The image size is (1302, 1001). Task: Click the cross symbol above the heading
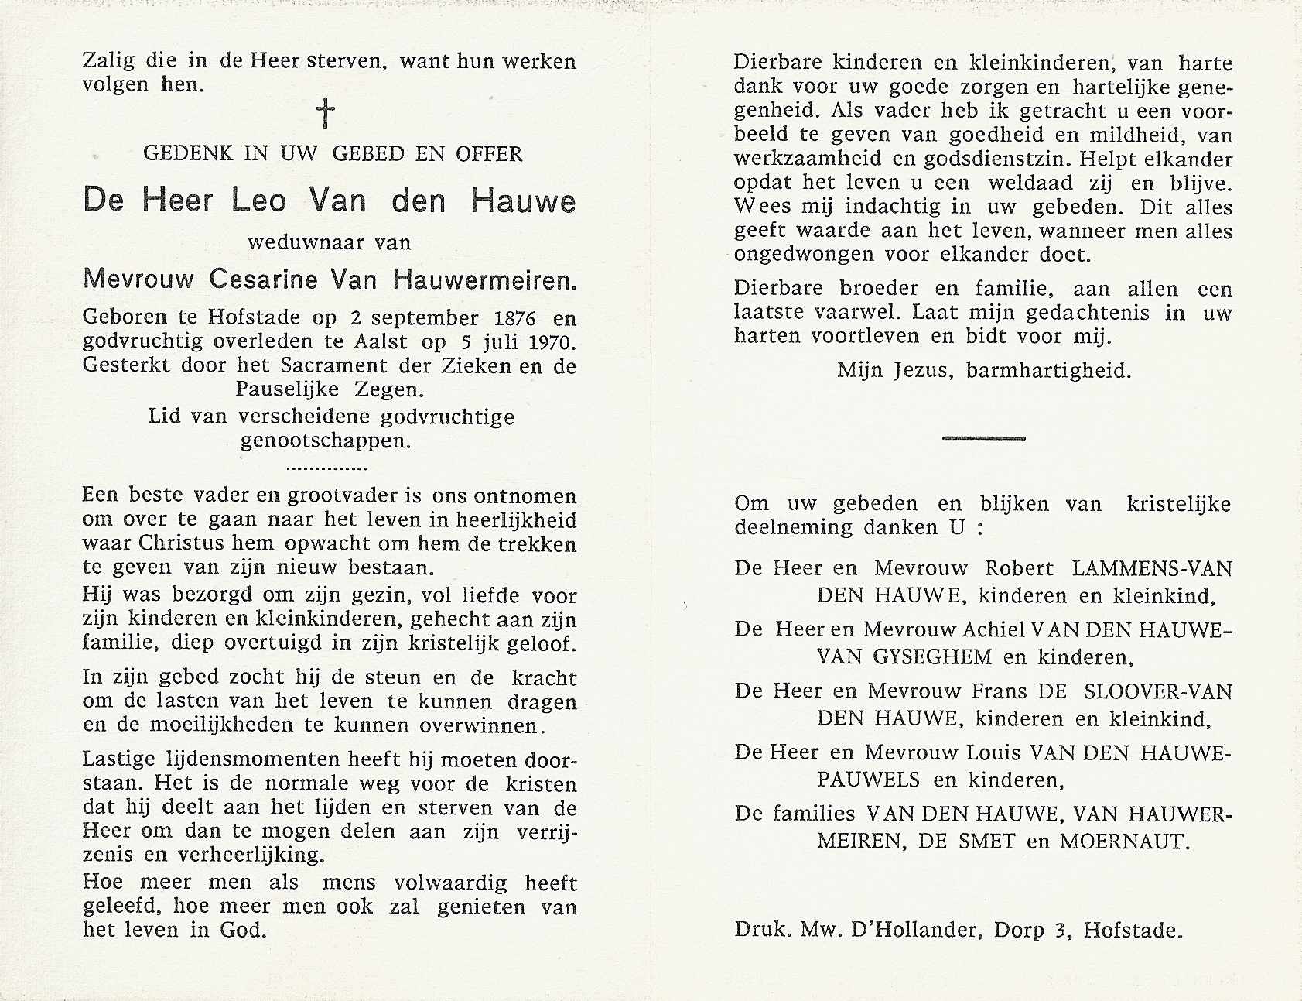tap(327, 114)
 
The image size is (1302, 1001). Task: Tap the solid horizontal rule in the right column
tap(983, 438)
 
